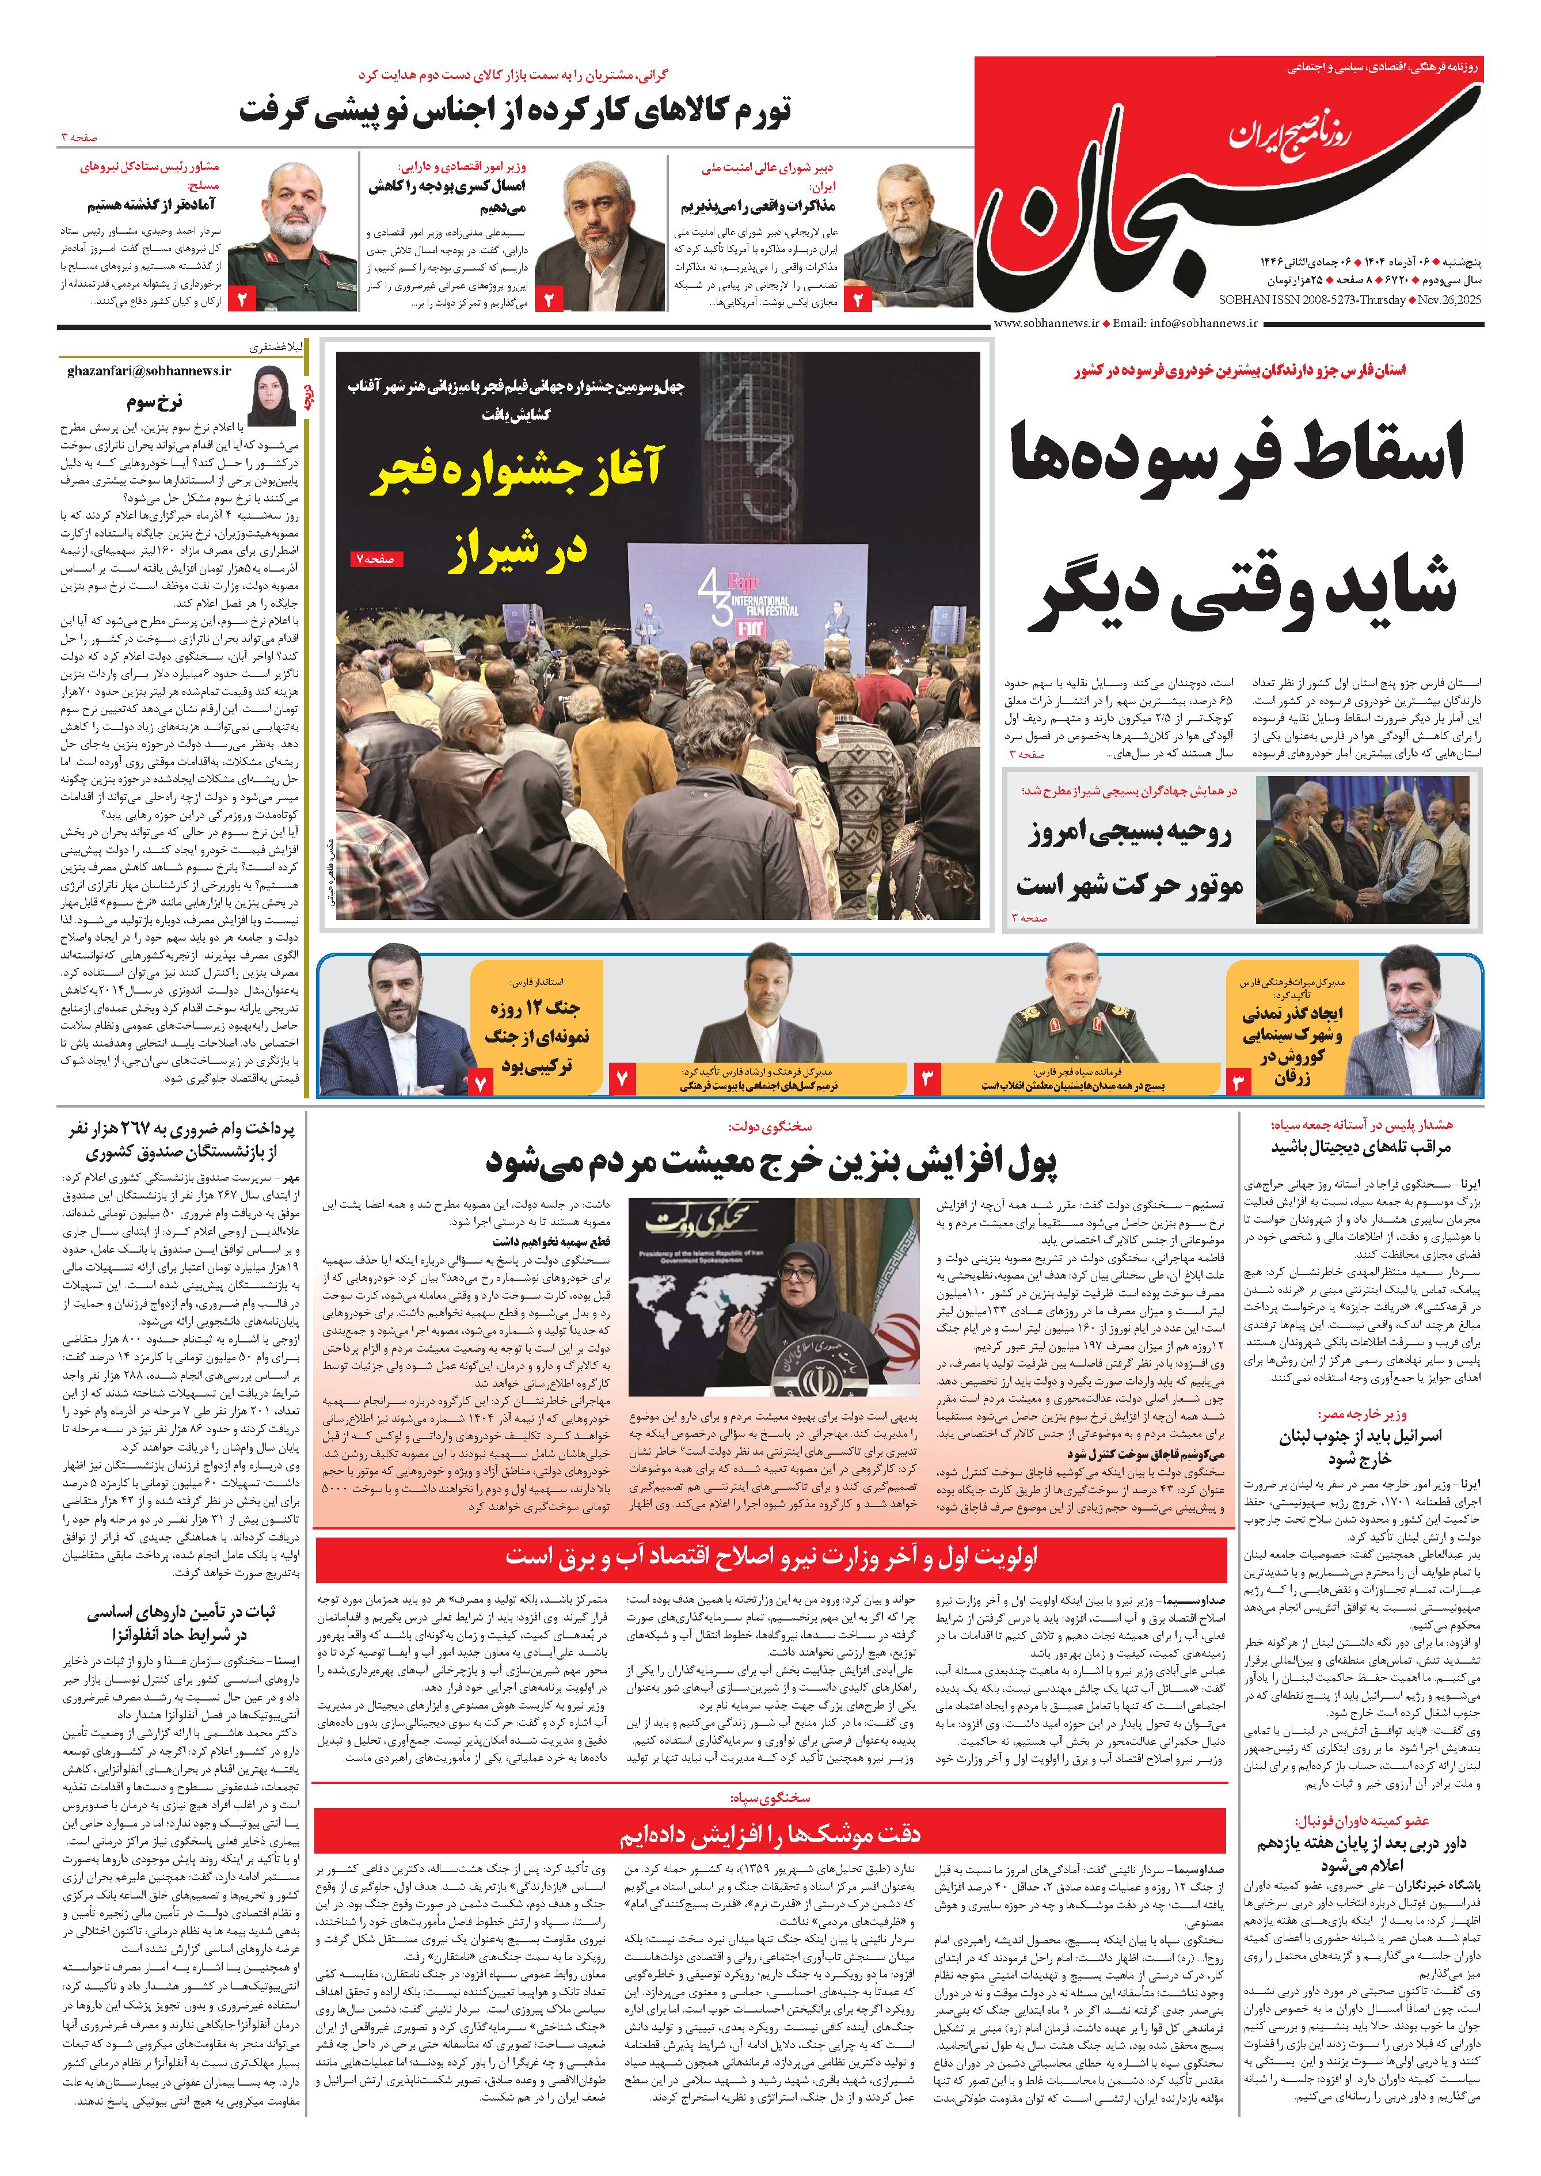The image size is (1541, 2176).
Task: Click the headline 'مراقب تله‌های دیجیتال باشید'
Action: (1361, 1146)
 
